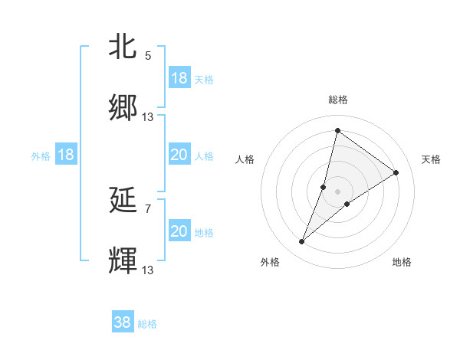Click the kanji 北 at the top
[x=123, y=47]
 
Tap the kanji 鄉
[x=123, y=109]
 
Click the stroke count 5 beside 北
[x=147, y=55]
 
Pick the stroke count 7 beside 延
[x=147, y=208]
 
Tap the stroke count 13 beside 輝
[x=148, y=270]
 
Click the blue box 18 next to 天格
[x=179, y=78]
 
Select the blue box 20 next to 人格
[x=179, y=155]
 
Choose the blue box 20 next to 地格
[x=179, y=231]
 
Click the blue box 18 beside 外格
[x=66, y=155]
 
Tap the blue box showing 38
[x=123, y=322]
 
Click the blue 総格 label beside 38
[x=147, y=324]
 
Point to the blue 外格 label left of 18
[x=41, y=155]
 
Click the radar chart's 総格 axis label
[x=337, y=100]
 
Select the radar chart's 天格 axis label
[x=431, y=159]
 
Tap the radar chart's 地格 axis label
[x=402, y=262]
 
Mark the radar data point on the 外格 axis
[x=301, y=242]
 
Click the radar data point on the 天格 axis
[x=396, y=173]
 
